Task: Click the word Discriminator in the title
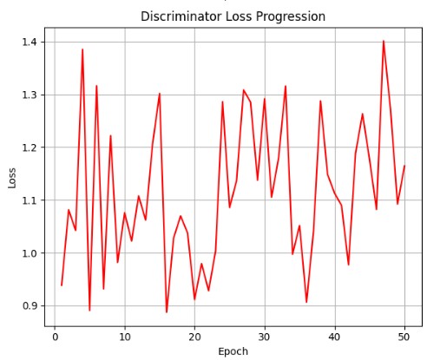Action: tap(181, 16)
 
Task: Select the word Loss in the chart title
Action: tap(239, 16)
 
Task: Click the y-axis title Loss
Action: tap(12, 178)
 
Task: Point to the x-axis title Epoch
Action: tap(233, 351)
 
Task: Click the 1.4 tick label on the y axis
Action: tap(30, 43)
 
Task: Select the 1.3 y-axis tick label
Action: tap(30, 95)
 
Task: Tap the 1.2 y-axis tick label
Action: tap(30, 147)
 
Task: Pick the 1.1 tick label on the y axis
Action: tap(30, 200)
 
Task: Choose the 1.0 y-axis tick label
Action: tap(30, 253)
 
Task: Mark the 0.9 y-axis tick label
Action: tap(30, 305)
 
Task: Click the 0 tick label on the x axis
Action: tap(55, 337)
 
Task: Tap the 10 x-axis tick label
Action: tap(125, 337)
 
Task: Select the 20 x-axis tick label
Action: tap(194, 337)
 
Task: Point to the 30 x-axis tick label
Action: tap(265, 337)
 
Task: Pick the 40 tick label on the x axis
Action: tap(335, 337)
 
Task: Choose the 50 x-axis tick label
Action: tap(404, 337)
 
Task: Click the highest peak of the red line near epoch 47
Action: tap(384, 41)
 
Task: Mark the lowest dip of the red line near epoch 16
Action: tap(167, 312)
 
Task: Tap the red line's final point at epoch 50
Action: tap(404, 166)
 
